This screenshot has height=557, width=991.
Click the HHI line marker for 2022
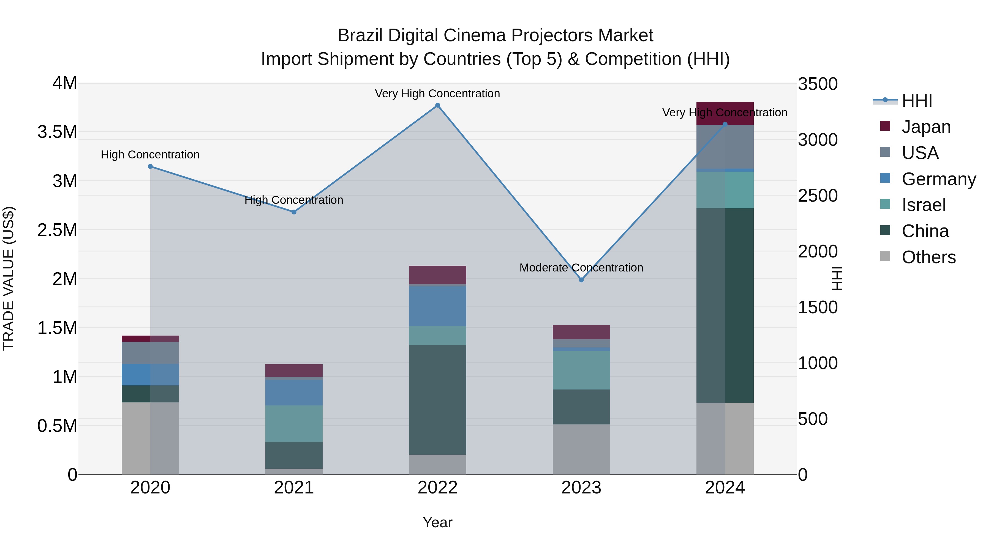coord(437,105)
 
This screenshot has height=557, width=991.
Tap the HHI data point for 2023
coord(581,280)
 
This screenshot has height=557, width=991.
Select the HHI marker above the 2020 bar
coord(150,166)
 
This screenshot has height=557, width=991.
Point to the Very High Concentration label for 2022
coord(437,94)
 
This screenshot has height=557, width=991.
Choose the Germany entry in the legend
coord(938,179)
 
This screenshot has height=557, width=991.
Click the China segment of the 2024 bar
coord(725,306)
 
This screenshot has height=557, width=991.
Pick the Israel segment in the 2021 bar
coord(294,424)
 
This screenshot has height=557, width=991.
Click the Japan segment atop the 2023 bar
coord(581,332)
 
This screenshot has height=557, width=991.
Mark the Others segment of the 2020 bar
coord(150,438)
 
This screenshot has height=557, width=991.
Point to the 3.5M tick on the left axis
coord(57,132)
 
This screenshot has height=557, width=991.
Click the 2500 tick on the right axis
coord(818,195)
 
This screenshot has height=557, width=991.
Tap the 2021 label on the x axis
coord(294,488)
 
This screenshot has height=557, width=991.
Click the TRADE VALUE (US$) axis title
coord(9,278)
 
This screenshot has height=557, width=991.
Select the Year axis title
coord(437,522)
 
